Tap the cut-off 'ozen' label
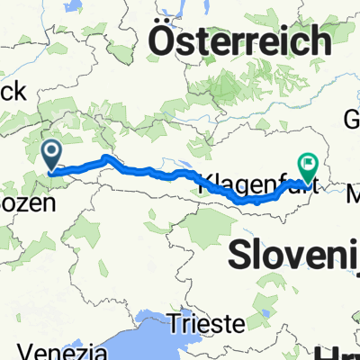point(27,203)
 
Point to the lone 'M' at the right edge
point(350,191)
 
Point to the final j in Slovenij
point(355,256)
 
